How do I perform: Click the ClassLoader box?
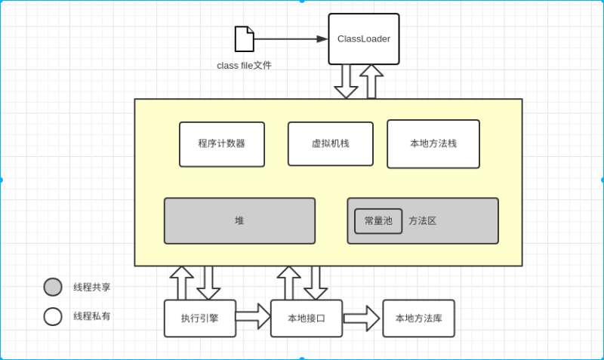click(363, 38)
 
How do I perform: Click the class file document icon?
click(244, 38)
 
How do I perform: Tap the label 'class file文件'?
click(244, 66)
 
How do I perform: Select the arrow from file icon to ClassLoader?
click(291, 38)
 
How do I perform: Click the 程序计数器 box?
click(221, 144)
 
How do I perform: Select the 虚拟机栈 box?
click(330, 143)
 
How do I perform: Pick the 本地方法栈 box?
click(433, 143)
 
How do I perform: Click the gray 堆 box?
click(239, 221)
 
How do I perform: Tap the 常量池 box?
click(378, 221)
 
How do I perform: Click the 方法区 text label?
click(423, 221)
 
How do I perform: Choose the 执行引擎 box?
click(199, 318)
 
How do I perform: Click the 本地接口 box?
click(306, 318)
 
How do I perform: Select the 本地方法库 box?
click(418, 318)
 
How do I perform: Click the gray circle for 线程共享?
click(53, 287)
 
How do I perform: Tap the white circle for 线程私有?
click(53, 316)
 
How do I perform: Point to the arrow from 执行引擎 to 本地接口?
click(253, 316)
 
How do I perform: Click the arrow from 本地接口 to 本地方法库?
click(362, 318)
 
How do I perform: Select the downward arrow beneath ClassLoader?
click(346, 82)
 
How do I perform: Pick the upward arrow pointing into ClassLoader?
click(371, 82)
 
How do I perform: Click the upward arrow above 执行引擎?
click(182, 283)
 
